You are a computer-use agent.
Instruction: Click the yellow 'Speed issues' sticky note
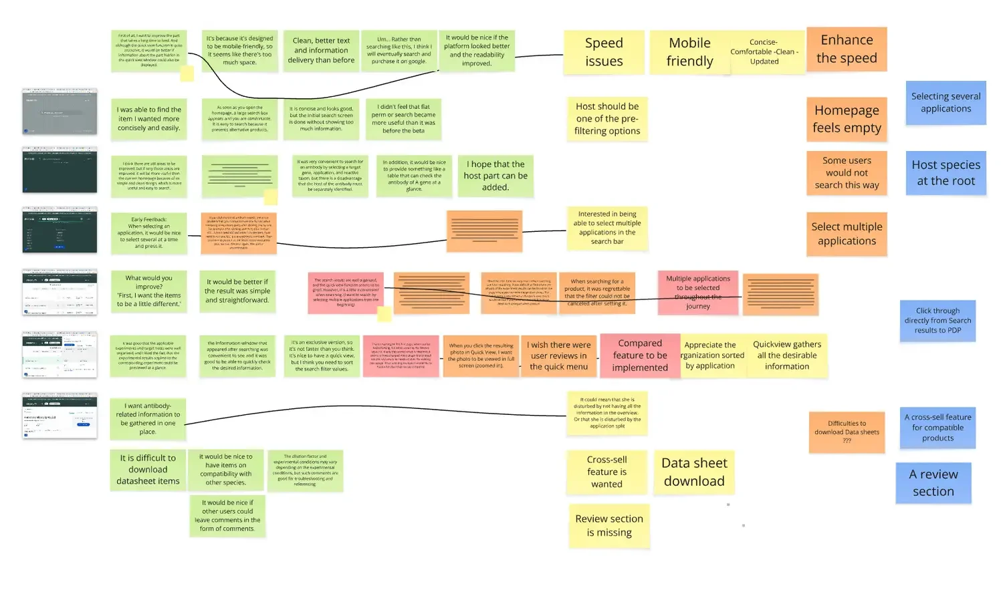pos(604,52)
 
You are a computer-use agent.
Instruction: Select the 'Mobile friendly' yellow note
pos(689,52)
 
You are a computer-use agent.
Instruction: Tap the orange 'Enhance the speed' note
pos(847,49)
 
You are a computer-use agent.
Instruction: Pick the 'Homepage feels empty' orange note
pos(847,119)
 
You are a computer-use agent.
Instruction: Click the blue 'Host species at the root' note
pos(945,173)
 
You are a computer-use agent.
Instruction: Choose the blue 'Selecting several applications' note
pos(945,103)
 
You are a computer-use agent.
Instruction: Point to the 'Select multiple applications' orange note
pos(847,234)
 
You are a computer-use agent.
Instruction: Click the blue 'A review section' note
pos(933,482)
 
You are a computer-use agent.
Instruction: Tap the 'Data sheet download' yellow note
pos(693,472)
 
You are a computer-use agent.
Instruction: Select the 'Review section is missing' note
pos(609,526)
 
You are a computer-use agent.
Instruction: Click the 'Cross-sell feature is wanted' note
pos(606,472)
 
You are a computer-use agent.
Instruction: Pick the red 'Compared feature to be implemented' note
pos(639,355)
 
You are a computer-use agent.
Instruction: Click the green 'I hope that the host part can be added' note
pos(495,176)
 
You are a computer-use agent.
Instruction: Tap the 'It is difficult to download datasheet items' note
pos(148,469)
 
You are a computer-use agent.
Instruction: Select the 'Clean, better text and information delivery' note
pos(321,51)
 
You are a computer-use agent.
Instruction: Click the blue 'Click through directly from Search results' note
pos(937,321)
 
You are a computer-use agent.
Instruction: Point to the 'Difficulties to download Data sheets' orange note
pos(847,432)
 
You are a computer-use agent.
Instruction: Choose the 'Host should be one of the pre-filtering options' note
pos(607,119)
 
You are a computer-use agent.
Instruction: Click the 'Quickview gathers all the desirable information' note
pos(787,355)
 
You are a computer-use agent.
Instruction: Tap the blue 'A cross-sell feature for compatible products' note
pos(937,428)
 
